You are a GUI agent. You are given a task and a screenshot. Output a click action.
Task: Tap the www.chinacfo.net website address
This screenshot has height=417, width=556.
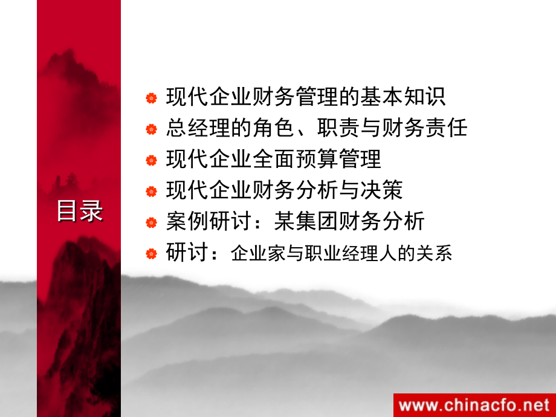(474, 406)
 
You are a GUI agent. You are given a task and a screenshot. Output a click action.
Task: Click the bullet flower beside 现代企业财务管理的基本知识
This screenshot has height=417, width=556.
(152, 98)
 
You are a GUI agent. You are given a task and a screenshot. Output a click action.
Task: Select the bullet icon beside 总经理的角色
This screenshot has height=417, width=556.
(152, 129)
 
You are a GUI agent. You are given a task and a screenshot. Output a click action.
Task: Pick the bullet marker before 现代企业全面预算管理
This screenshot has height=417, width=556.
(152, 160)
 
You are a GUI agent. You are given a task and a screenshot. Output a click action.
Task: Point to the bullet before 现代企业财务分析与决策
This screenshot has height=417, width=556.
(152, 192)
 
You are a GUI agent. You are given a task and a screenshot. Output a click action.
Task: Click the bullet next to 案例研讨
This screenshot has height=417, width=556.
(152, 222)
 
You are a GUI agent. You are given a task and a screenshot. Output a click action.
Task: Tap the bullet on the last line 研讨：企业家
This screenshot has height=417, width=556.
(152, 254)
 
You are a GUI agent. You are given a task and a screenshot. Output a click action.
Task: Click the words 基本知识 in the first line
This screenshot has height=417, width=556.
(403, 97)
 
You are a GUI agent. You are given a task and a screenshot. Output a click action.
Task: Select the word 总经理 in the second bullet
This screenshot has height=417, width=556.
(199, 128)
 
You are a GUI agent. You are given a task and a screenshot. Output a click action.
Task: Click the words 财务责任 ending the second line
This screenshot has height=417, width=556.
(424, 128)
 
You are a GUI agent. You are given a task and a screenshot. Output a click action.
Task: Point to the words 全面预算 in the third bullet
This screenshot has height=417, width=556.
(295, 159)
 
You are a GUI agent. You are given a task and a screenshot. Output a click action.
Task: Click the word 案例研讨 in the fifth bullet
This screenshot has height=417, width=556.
(208, 221)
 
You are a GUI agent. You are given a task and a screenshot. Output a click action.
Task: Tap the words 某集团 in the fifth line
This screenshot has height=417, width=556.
(306, 221)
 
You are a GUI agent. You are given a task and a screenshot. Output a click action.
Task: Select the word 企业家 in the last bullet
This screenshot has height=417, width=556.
(258, 253)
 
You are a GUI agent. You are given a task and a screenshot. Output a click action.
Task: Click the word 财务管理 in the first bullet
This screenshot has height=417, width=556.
(295, 97)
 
